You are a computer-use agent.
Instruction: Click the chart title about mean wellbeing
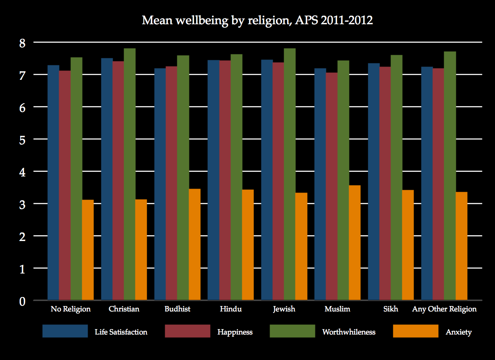point(257,20)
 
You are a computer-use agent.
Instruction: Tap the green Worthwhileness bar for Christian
point(130,174)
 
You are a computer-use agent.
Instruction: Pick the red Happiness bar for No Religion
point(65,185)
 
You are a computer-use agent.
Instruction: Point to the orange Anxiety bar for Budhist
point(194,245)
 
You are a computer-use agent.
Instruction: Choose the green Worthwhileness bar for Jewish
point(290,174)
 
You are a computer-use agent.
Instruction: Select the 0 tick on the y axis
point(22,301)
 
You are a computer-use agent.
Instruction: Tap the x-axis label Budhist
point(177,309)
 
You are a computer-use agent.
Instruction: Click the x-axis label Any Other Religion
point(444,309)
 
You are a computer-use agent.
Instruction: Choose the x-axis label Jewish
point(284,309)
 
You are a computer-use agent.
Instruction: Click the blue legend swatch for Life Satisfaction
point(65,331)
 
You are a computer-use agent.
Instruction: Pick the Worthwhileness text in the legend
point(349,332)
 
